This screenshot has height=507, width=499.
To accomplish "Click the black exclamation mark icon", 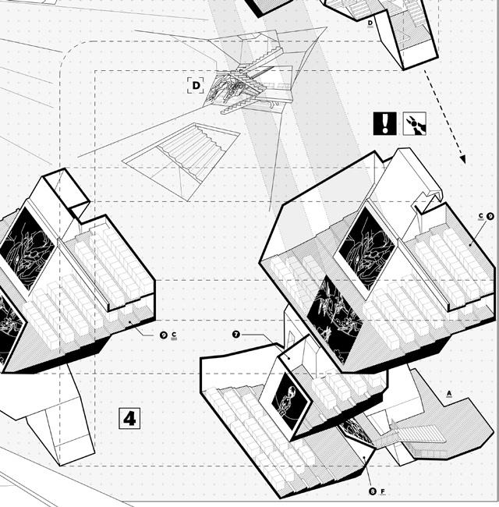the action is point(385,123).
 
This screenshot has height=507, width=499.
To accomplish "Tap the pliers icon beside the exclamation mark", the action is point(415,123).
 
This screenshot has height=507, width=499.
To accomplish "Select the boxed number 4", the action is point(129,418).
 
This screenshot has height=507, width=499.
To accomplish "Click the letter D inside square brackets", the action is point(196,85).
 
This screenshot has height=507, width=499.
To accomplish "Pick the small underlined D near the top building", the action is point(370,23).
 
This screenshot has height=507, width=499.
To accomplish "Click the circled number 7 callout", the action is point(236,334).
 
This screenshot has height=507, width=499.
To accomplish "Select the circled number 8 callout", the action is point(373,491).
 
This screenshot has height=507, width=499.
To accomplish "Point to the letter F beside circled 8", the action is point(384,491).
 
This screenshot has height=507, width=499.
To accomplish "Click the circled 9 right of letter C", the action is point(490,217).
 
